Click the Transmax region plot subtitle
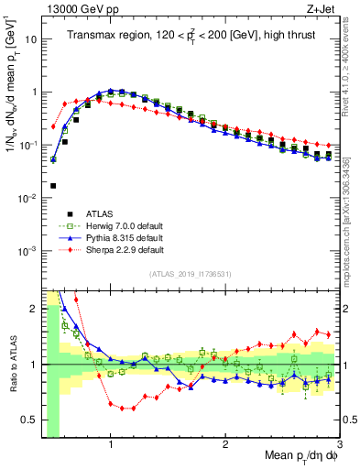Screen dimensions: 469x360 pyautogui.click(x=187, y=36)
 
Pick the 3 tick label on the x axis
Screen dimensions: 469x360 pyautogui.click(x=339, y=443)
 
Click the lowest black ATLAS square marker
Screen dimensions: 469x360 pyautogui.click(x=53, y=186)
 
